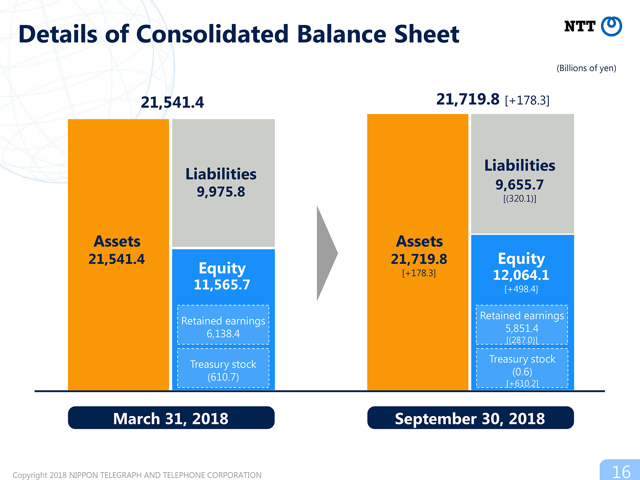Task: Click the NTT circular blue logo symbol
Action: point(611,26)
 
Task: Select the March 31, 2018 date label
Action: point(171,418)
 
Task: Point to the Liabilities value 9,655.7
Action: point(520,185)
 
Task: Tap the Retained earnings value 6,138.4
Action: point(223,334)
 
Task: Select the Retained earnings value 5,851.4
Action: point(522,328)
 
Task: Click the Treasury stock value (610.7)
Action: point(223,377)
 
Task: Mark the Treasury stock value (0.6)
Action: point(522,372)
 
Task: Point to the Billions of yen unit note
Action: point(586,68)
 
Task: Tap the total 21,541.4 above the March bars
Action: point(172,102)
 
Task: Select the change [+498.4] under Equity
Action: point(521,289)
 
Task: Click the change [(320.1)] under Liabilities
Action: point(520,199)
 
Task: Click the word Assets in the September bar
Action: point(419,241)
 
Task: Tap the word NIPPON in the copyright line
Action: point(84,475)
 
